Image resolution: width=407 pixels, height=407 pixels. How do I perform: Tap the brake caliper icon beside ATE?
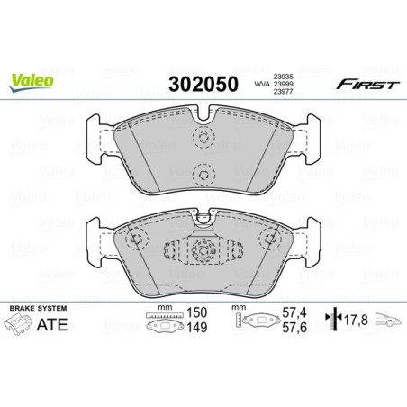point(23,328)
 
